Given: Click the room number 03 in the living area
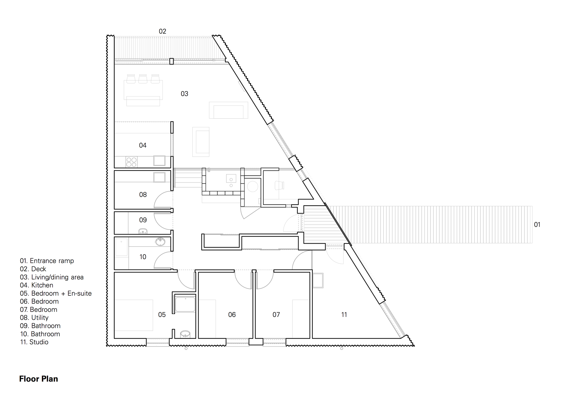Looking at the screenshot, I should [x=184, y=94].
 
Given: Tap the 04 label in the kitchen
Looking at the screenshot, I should [x=143, y=145].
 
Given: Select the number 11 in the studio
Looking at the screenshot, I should [x=344, y=315].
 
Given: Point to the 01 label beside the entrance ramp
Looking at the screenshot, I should [x=537, y=225].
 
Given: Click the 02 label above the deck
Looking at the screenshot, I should [x=162, y=31].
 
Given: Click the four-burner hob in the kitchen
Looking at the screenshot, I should [x=131, y=162].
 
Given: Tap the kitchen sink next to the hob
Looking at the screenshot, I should [x=159, y=161].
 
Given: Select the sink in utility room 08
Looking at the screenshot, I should [x=159, y=177].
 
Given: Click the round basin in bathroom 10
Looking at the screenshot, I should [x=160, y=242].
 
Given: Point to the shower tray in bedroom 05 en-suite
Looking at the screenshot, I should [x=185, y=305].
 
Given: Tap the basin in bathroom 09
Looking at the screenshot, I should [x=143, y=231].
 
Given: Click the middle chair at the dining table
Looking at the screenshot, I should [x=143, y=78].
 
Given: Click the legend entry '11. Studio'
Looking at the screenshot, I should [x=34, y=342].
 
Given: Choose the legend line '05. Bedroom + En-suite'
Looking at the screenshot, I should [x=56, y=293].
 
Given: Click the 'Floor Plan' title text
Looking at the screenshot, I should [x=38, y=379].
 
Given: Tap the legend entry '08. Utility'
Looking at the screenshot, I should [x=34, y=318].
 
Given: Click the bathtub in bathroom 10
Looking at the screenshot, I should [x=121, y=247].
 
